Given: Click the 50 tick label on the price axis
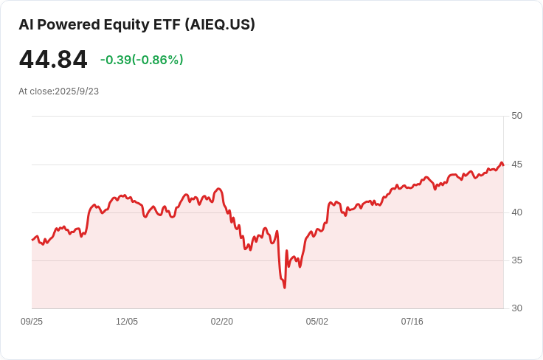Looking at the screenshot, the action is click(x=516, y=116).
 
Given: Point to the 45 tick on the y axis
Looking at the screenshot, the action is click(x=516, y=165).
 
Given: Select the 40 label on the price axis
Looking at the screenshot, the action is click(x=516, y=212).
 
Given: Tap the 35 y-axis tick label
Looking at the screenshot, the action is click(x=516, y=260).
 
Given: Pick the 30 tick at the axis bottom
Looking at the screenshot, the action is click(x=516, y=308).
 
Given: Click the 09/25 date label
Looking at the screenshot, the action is click(x=32, y=322).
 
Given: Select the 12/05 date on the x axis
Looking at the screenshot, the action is click(x=127, y=322).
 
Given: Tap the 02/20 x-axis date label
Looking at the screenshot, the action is click(x=221, y=322).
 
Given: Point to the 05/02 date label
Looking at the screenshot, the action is click(x=317, y=322).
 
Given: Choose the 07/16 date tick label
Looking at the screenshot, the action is click(x=412, y=322).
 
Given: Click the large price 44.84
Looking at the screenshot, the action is click(x=53, y=60).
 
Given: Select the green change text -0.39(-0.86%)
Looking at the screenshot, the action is click(x=142, y=60).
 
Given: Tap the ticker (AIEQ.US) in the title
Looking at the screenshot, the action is click(x=220, y=24).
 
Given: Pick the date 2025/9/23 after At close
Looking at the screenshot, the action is click(x=77, y=91).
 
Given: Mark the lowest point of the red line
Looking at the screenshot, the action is click(x=285, y=288).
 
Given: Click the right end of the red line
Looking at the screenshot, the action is click(x=503, y=165).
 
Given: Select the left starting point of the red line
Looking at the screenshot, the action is click(x=32, y=240).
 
